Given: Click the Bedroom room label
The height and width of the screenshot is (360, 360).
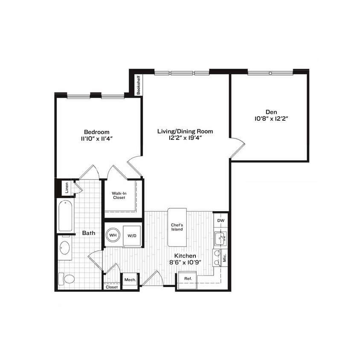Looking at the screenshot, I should coord(96,132).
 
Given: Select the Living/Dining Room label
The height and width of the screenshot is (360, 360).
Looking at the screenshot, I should coord(185,131).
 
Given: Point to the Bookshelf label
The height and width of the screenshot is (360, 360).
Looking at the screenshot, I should coord(138,85).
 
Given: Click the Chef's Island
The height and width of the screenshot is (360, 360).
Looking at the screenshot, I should coord(177,227).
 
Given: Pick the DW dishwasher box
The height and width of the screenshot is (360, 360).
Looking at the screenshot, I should coord(221,221).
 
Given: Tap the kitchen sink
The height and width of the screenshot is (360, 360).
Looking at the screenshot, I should coord(220,238).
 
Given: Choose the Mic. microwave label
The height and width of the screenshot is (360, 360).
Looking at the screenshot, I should coord(225,258).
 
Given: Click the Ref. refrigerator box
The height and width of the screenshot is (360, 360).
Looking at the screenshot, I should coord(188,279).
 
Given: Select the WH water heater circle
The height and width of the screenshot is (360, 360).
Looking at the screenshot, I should coord(113,235).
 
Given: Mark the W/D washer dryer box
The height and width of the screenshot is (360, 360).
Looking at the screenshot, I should coord(132,235).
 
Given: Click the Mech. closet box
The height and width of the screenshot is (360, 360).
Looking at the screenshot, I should coord(130,280).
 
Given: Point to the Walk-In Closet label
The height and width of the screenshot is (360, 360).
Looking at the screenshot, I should coord(119,195).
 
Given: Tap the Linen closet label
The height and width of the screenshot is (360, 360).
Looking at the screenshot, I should coord(67,188).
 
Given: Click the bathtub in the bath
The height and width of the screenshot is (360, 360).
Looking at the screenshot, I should coord(65,216).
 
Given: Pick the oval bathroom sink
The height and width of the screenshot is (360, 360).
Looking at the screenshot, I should coord(65,248).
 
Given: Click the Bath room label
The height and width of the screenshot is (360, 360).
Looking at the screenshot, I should coord(89,233).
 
